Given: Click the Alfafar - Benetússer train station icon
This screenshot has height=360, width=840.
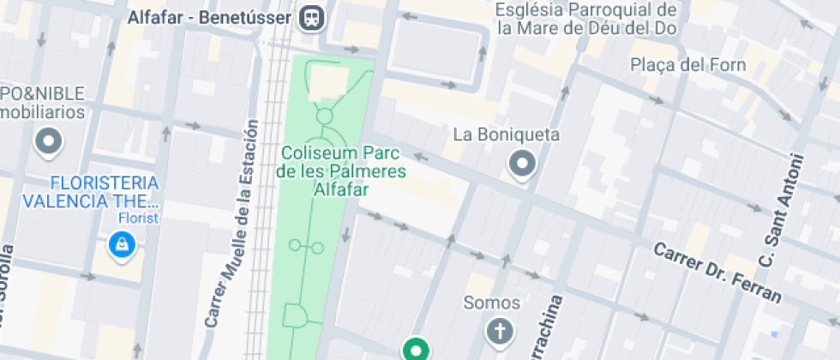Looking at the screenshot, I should (x=313, y=17).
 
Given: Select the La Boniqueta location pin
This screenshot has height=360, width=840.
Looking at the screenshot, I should (x=521, y=162).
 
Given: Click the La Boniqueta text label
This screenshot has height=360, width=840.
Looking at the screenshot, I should (x=506, y=135).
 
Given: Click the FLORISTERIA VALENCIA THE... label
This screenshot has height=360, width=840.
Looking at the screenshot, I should (x=92, y=193).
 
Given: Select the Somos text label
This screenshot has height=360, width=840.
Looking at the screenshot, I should (x=491, y=303).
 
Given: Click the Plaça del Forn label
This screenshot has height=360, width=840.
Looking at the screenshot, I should (x=687, y=65).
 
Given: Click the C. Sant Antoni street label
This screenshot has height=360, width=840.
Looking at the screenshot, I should (x=781, y=210).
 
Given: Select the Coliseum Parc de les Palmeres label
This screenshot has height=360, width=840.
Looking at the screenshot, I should (x=343, y=162).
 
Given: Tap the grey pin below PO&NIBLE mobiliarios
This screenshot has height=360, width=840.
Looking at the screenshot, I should (x=48, y=141).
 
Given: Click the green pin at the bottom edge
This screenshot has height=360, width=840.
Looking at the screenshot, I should (x=417, y=349).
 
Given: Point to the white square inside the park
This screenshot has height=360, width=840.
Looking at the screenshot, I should (x=327, y=83).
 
